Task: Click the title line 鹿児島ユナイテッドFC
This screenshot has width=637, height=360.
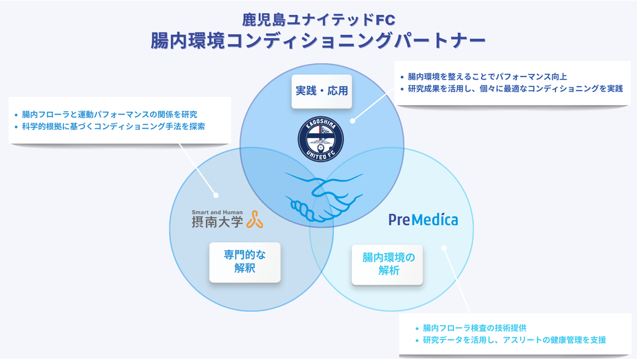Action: click(x=318, y=19)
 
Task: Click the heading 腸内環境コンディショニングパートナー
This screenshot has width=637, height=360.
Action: click(x=318, y=41)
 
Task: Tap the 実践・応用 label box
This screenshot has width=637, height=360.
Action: click(x=321, y=90)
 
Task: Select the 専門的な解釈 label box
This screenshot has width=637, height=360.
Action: click(x=244, y=262)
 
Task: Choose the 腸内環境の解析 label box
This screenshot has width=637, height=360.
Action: click(x=388, y=264)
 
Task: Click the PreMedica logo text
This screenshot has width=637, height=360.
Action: click(x=423, y=219)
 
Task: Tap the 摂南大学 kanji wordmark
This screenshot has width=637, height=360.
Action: click(x=217, y=221)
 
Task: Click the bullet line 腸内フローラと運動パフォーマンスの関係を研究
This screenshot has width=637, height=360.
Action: click(x=109, y=114)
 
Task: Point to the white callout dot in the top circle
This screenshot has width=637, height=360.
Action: click(x=351, y=121)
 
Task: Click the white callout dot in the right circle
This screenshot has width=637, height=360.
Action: click(x=444, y=249)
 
